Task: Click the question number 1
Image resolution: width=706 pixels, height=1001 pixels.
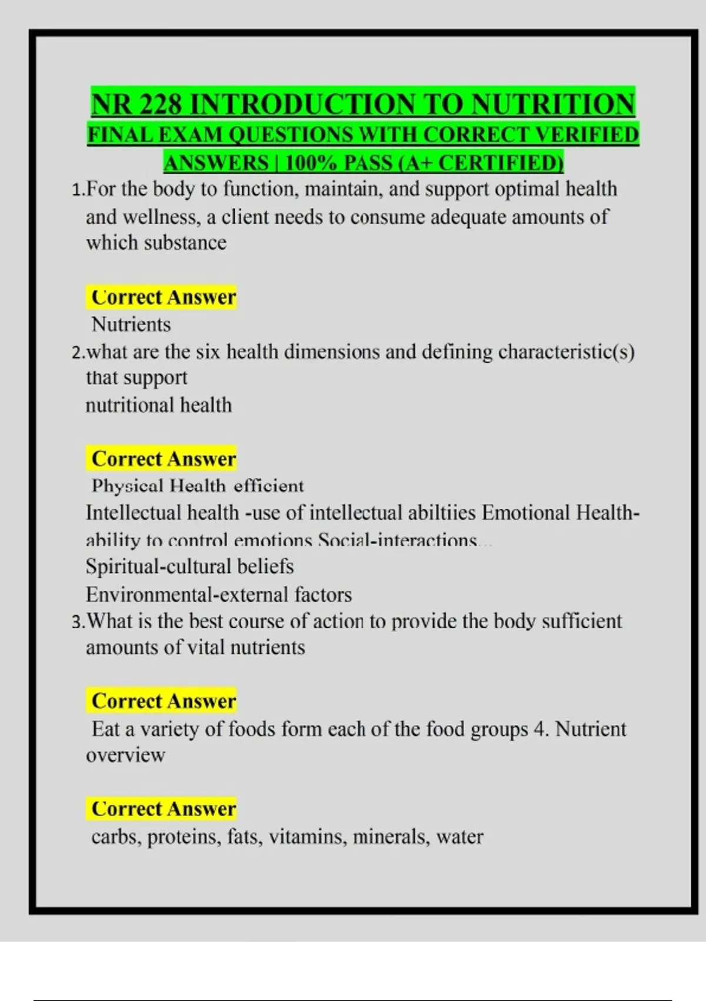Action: coord(76,190)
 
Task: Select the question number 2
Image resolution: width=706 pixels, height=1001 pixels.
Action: coord(76,353)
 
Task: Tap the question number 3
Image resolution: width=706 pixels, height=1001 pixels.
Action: coord(76,622)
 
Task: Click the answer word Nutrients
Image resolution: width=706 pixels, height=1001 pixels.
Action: coord(131,324)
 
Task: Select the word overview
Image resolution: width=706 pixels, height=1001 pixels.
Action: coord(125,755)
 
